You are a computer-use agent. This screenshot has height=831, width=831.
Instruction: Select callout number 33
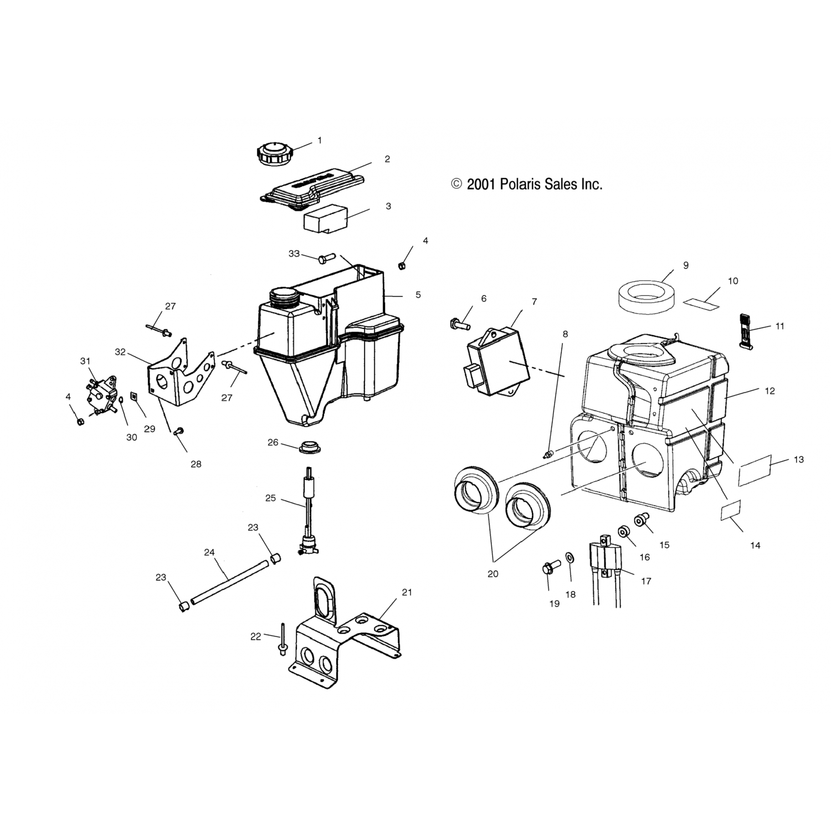294,254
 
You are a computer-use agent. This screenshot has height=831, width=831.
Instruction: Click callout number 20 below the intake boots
493,574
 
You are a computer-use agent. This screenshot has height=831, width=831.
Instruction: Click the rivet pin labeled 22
283,640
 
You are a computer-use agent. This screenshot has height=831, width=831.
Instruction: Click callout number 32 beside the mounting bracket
120,351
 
